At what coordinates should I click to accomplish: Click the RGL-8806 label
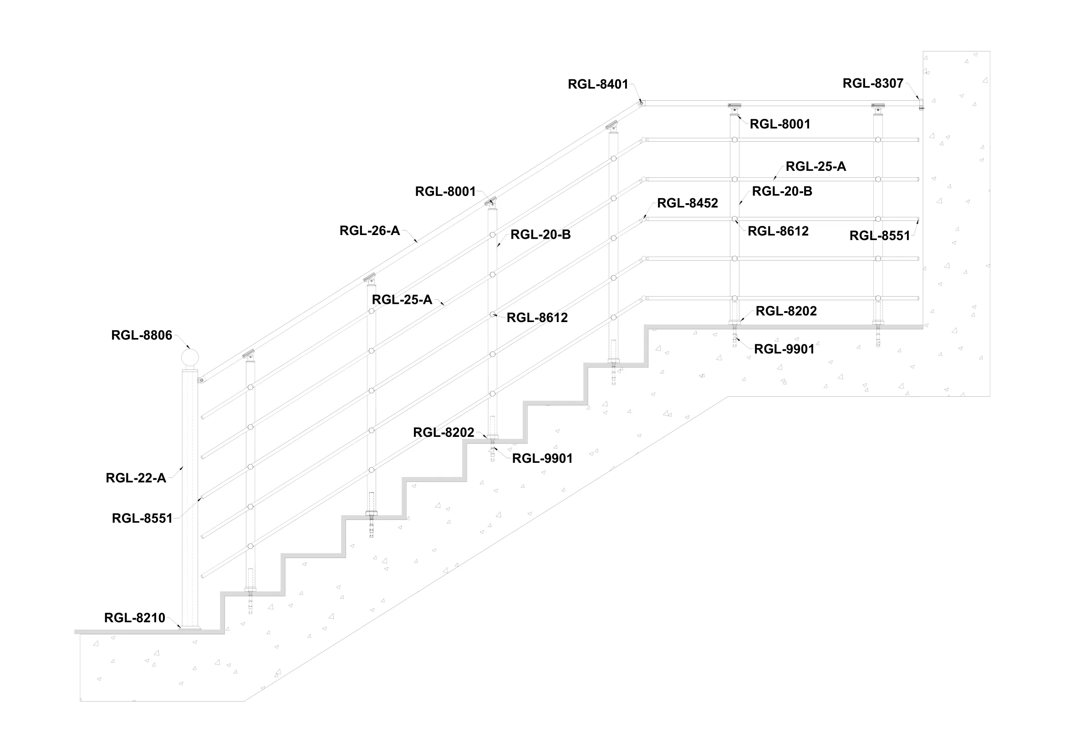[142, 335]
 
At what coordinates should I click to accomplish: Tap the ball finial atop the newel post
[189, 358]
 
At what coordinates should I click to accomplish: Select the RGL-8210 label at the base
[134, 618]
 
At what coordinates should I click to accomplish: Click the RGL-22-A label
[135, 478]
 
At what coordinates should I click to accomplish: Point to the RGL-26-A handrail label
[369, 231]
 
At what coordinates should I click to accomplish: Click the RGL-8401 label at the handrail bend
[598, 84]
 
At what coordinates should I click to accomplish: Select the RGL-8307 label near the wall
[872, 83]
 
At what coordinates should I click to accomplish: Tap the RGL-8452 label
[687, 203]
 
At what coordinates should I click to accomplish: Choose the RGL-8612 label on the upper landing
[778, 231]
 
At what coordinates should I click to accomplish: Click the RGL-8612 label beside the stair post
[537, 318]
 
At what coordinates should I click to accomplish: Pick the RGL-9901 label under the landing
[784, 349]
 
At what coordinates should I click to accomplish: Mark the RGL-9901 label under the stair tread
[542, 458]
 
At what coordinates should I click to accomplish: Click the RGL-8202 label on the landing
[786, 311]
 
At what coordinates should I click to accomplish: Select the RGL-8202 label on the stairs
[443, 433]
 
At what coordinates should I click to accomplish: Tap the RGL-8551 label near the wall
[880, 236]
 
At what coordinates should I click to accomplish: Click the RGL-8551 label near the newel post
[142, 518]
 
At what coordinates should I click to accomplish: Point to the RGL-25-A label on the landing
[815, 167]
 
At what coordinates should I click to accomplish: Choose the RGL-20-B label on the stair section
[540, 235]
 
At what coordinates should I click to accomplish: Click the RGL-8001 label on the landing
[780, 124]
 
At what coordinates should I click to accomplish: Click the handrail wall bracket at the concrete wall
[921, 104]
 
